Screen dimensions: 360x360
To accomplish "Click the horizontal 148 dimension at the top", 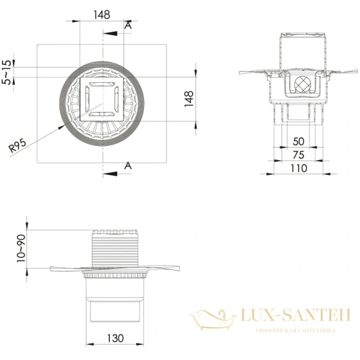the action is tap(102, 14).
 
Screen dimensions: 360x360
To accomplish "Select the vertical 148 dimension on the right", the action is tap(189, 98).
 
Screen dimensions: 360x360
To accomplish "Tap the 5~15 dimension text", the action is tap(7, 73).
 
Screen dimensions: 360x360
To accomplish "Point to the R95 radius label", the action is tap(17, 146).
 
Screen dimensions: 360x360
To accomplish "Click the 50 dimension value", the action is tap(298, 142).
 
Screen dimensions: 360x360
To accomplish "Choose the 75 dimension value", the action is tap(298, 155).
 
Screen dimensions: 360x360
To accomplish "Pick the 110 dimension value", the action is tap(299, 168).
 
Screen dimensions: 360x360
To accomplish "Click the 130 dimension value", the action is tap(115, 338).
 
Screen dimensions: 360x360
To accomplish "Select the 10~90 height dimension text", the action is tap(21, 248).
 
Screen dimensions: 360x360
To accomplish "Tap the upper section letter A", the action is tap(128, 25).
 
